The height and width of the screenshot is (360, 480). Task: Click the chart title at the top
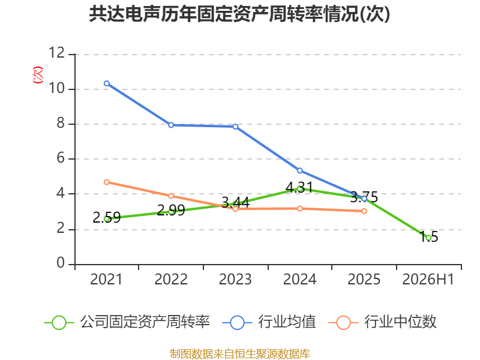click(x=239, y=14)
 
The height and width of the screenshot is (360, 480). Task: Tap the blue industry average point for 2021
click(x=107, y=83)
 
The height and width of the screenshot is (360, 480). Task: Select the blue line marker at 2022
click(x=171, y=125)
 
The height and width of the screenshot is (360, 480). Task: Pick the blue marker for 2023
click(x=235, y=127)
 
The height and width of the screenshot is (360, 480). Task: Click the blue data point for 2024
click(x=299, y=170)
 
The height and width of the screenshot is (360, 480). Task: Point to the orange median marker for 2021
click(x=107, y=182)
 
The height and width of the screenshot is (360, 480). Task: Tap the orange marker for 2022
click(x=171, y=196)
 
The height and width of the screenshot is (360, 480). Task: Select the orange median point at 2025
click(x=364, y=211)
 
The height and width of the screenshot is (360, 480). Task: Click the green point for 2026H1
click(x=428, y=238)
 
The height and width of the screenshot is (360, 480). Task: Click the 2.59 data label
click(x=107, y=217)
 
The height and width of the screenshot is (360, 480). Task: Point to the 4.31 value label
click(x=299, y=187)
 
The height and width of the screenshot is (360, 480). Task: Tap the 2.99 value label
click(x=171, y=211)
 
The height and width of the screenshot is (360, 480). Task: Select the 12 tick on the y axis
click(x=57, y=53)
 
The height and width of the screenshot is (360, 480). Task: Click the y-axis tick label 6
click(x=61, y=158)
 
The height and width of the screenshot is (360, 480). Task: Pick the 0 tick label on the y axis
click(x=61, y=263)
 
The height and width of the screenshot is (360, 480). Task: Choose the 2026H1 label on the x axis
click(x=428, y=279)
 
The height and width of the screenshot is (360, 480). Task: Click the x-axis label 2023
click(x=235, y=279)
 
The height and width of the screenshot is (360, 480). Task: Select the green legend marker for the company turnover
click(x=59, y=323)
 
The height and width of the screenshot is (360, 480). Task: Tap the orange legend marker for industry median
click(x=343, y=323)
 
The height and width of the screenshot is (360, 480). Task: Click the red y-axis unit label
click(x=38, y=75)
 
